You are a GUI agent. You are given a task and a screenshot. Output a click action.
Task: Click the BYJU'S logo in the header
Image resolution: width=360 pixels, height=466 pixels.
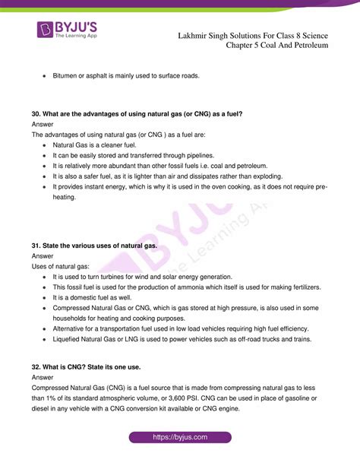pyautogui.click(x=73, y=33)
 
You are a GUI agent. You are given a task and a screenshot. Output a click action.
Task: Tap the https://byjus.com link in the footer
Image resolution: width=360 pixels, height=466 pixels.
pyautogui.click(x=181, y=437)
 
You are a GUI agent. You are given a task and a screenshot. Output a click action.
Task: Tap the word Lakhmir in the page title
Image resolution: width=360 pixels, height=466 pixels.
pyautogui.click(x=194, y=34)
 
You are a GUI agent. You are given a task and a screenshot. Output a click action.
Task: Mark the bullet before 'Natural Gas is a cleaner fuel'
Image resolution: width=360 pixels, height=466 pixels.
pyautogui.click(x=46, y=144)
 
